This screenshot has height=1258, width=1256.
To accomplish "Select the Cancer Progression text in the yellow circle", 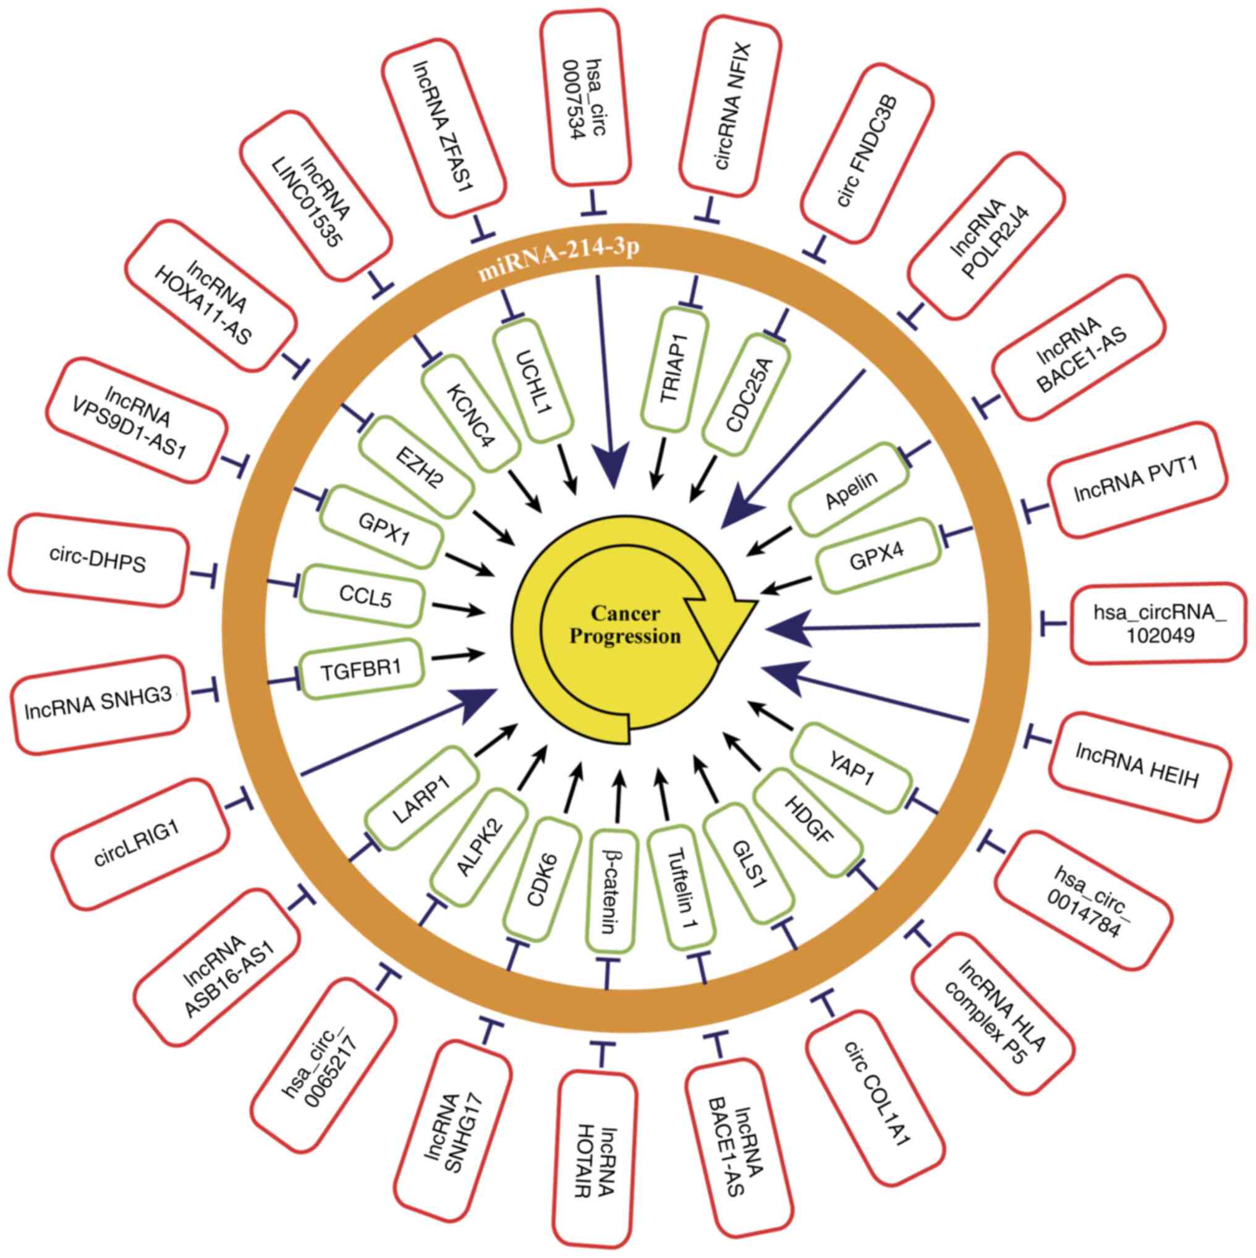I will [625, 625].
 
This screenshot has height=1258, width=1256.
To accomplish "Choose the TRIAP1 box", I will [673, 368].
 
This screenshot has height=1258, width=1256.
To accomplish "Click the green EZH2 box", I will [416, 466].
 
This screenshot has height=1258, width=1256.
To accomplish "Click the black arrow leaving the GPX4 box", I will [789, 585].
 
